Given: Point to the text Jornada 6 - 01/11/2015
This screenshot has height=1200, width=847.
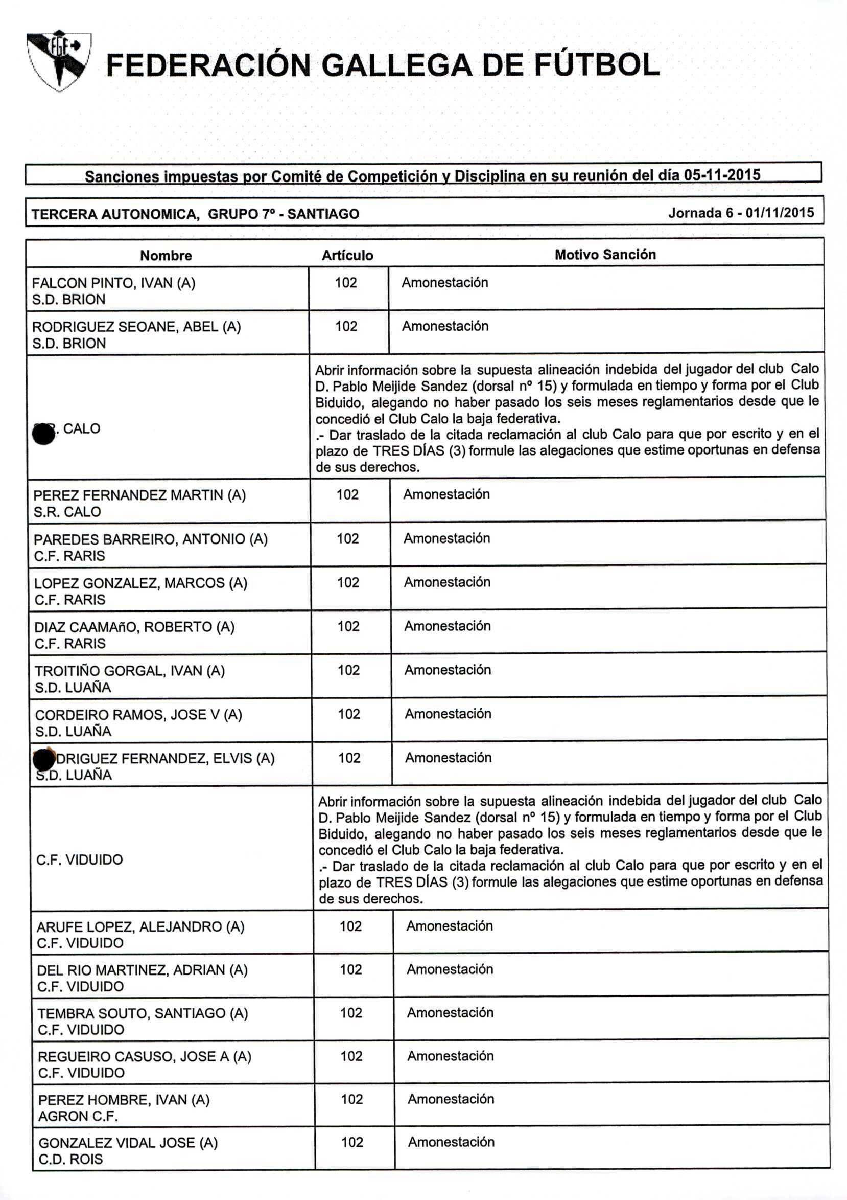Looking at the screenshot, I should [x=740, y=213].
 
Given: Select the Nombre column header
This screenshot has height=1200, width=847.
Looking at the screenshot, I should [x=166, y=256].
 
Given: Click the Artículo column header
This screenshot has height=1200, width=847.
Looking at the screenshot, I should [x=347, y=256].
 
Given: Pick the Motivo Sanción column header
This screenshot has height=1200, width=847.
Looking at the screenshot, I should [x=605, y=255].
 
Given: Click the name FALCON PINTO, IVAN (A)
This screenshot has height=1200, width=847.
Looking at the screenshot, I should [x=113, y=283].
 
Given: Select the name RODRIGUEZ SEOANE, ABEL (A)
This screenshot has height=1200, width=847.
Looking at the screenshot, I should [x=136, y=327].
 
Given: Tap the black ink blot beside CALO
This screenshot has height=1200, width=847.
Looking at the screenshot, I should [x=44, y=434].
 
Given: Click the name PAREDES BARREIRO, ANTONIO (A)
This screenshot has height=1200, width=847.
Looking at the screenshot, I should [x=150, y=539].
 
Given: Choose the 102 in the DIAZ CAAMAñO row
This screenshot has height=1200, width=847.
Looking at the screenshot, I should [x=348, y=626].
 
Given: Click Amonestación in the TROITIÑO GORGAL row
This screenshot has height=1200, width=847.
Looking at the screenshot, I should [x=448, y=670].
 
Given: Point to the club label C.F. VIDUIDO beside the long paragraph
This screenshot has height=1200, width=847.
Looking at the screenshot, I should [x=79, y=860].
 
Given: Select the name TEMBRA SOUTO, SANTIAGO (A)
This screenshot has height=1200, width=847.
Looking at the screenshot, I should [x=143, y=1013].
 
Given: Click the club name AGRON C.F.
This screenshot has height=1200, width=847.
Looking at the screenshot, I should [x=78, y=1116].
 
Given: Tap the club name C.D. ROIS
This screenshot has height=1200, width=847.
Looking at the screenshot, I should [x=70, y=1159].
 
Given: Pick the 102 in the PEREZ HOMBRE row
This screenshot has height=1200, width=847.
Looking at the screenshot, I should [x=351, y=1099].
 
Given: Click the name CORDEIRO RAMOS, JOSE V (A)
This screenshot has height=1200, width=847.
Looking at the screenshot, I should [x=138, y=715].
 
